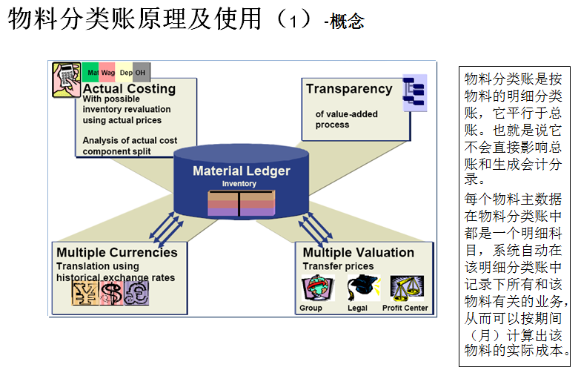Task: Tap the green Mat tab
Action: pos(91,73)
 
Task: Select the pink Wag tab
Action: pos(107,73)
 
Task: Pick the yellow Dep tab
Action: pos(125,73)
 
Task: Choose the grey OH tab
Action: pos(141,73)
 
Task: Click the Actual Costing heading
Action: pos(129,89)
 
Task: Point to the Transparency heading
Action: pos(349,89)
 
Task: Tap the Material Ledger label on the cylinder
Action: pos(242,171)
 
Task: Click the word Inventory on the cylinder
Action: pos(239,183)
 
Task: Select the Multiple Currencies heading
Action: pos(117,252)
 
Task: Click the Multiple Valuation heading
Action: pos(359,252)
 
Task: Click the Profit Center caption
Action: pos(405,308)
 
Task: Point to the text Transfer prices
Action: pos(338,266)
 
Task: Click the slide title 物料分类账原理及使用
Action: pos(135,20)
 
